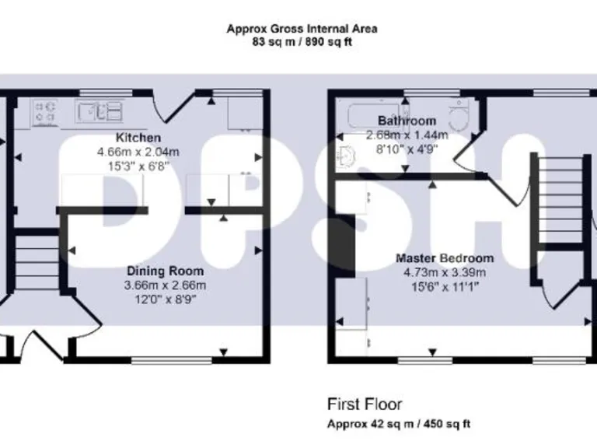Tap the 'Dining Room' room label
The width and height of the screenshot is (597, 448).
166,271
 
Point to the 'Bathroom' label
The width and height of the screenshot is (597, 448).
407,121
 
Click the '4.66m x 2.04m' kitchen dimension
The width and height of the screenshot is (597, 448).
138,152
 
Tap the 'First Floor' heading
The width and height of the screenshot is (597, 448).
364,404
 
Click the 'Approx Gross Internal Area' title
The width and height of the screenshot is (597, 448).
302,29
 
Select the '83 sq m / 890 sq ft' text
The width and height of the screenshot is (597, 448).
302,42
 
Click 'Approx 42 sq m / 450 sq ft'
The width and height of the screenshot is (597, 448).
397,424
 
